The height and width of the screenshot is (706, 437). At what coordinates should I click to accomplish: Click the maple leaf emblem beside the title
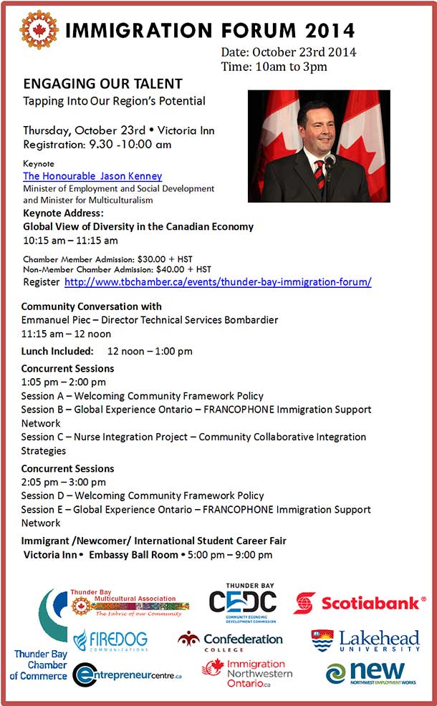pyautogui.click(x=39, y=30)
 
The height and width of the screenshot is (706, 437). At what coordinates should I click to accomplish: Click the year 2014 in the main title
pyautogui.click(x=328, y=31)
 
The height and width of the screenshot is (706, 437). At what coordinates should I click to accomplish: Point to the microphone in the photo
pyautogui.click(x=330, y=160)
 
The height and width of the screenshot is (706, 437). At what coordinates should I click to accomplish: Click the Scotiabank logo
pyautogui.click(x=359, y=603)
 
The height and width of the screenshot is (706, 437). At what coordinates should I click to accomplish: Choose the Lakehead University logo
pyautogui.click(x=366, y=641)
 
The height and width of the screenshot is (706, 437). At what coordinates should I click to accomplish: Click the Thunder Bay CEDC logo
pyautogui.click(x=242, y=601)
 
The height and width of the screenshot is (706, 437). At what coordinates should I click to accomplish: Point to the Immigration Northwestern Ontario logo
pyautogui.click(x=247, y=674)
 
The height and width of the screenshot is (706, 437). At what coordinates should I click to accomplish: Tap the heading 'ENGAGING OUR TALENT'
pyautogui.click(x=102, y=84)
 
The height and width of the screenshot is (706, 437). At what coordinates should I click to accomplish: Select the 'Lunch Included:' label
pyautogui.click(x=57, y=352)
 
